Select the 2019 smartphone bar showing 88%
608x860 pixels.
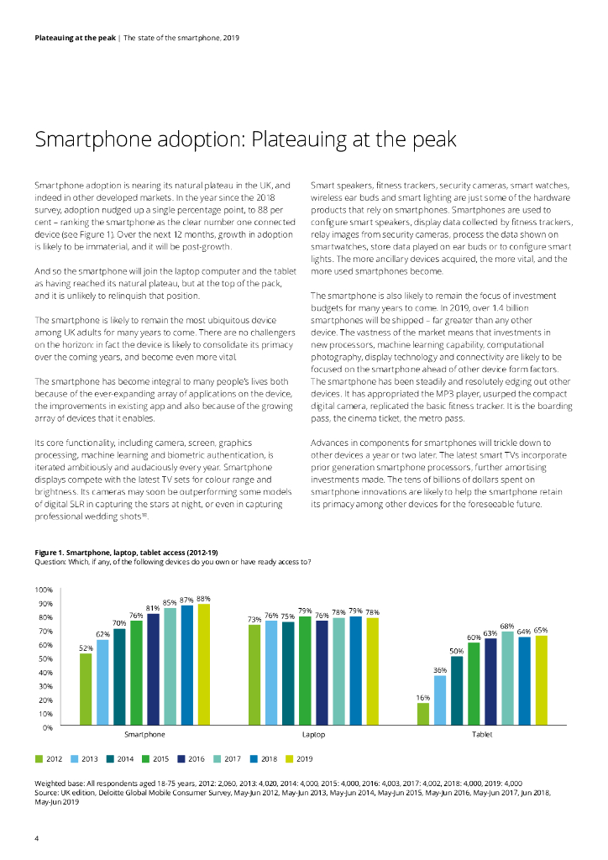pyautogui.click(x=203, y=663)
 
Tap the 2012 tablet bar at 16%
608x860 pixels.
pyautogui.click(x=422, y=714)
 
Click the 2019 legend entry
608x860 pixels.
pyautogui.click(x=298, y=759)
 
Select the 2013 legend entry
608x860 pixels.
pyautogui.click(x=86, y=759)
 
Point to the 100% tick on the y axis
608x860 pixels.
pyautogui.click(x=44, y=590)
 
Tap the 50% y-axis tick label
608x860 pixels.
pyautogui.click(x=45, y=658)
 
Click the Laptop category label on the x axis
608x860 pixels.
pyautogui.click(x=313, y=734)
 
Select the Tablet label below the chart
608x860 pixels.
pyautogui.click(x=482, y=734)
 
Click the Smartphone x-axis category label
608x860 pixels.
pyautogui.click(x=144, y=734)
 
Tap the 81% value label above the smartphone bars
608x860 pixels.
pyautogui.click(x=153, y=607)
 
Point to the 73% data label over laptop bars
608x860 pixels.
pyautogui.click(x=254, y=619)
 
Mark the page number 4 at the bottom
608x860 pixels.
pyautogui.click(x=36, y=838)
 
